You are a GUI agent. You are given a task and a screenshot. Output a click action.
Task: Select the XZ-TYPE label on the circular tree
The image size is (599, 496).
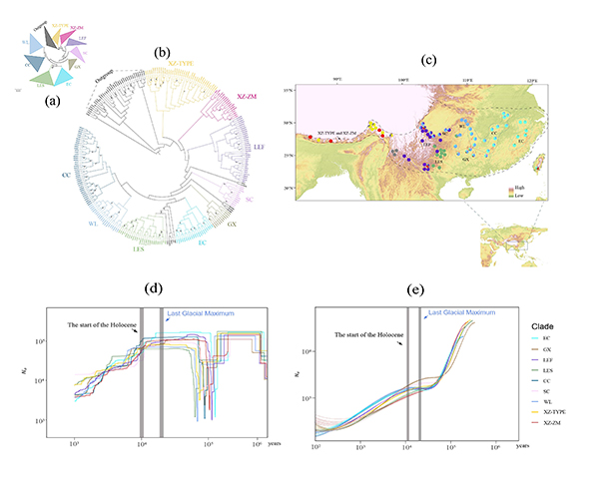click(x=188, y=63)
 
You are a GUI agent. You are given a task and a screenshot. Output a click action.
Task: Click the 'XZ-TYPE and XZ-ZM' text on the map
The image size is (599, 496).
click(x=340, y=132)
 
